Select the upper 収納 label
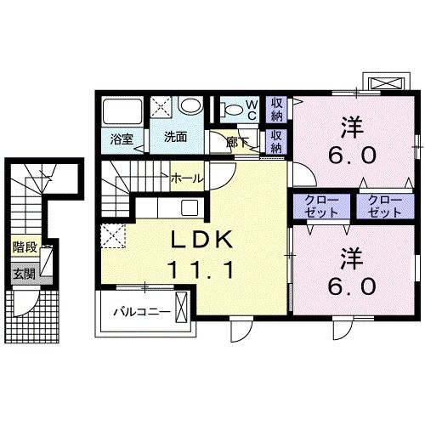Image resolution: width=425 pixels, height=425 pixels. pyautogui.click(x=277, y=110)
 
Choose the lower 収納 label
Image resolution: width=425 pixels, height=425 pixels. pyautogui.click(x=277, y=140)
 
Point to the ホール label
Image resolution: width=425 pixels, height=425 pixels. pyautogui.click(x=185, y=178)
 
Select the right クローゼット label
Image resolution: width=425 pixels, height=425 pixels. pyautogui.click(x=377, y=207)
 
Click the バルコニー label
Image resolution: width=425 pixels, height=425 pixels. pyautogui.click(x=142, y=312)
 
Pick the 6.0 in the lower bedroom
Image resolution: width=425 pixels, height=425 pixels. pyautogui.click(x=351, y=286)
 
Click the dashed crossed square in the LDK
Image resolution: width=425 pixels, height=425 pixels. pyautogui.click(x=112, y=234)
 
